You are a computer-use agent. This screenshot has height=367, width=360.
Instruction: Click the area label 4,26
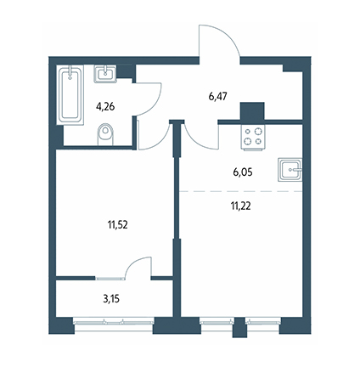[x=105, y=107]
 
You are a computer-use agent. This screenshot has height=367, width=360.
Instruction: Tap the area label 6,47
[x=218, y=97]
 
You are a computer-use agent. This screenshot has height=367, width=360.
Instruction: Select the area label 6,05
[x=243, y=172]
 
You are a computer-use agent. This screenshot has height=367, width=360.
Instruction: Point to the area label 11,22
[x=241, y=206]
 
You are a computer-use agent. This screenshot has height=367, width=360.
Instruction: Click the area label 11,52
[x=117, y=225]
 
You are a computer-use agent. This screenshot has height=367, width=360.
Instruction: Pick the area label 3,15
[x=111, y=299]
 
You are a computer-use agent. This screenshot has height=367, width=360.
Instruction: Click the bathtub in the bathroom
[x=70, y=95]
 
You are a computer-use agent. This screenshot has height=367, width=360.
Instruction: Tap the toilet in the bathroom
[x=105, y=134]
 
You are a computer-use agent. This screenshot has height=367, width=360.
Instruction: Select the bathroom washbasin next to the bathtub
[x=105, y=74]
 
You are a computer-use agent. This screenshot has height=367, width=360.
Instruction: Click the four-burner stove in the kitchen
[x=253, y=137]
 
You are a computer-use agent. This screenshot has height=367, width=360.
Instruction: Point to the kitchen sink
[x=290, y=170]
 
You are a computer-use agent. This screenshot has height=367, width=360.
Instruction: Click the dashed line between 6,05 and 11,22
[x=241, y=192]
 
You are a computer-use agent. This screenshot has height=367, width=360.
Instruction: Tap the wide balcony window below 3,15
[x=114, y=322]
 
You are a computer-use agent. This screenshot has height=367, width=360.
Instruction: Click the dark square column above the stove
[x=252, y=111]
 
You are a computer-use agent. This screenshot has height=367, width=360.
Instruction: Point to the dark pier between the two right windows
[x=239, y=327]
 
